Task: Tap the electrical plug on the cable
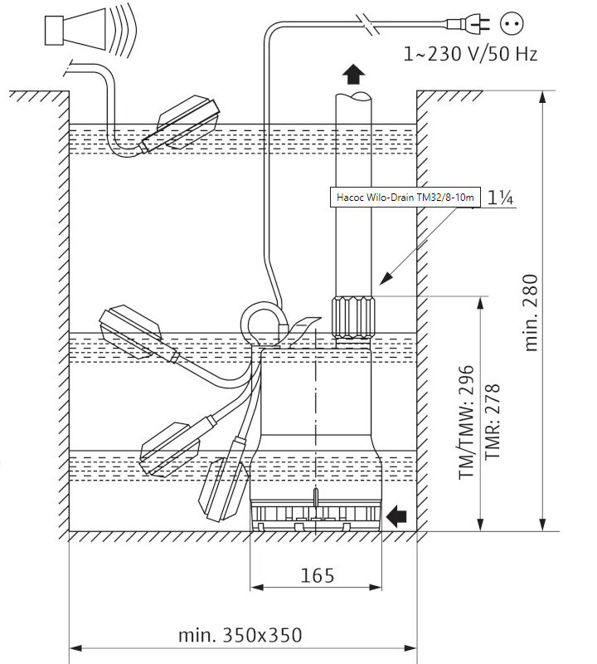[x=468, y=23]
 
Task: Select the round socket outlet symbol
[x=512, y=23]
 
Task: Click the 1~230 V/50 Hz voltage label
[x=470, y=54]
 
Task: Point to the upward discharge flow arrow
[x=353, y=75]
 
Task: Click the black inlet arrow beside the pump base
[x=396, y=516]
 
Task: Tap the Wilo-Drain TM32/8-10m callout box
[x=405, y=197]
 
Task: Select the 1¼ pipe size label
[x=501, y=198]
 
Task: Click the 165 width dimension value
[x=317, y=575]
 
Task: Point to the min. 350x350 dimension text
[x=240, y=635]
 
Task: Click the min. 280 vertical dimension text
[x=531, y=313]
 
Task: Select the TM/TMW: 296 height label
[x=467, y=422]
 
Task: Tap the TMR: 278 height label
[x=493, y=422]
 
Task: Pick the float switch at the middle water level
[x=136, y=334]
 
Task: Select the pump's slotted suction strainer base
[x=316, y=515]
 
